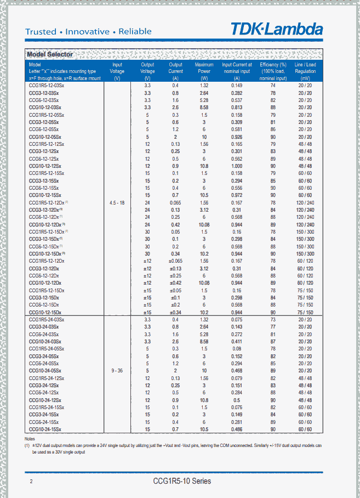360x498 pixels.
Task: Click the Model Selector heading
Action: tap(50, 54)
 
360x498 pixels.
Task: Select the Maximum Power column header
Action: tap(204, 71)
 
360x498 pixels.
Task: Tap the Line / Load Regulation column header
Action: tap(305, 71)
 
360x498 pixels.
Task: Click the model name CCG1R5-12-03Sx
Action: tap(47, 86)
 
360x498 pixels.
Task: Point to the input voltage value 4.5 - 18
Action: tap(117, 203)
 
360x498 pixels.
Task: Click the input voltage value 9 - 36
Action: tap(117, 371)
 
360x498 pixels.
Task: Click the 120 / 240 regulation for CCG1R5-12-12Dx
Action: tap(305, 202)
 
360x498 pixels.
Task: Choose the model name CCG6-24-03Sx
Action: tap(44, 334)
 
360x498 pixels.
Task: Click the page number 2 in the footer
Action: tap(31, 482)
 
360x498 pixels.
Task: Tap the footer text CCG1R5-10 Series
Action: tap(182, 481)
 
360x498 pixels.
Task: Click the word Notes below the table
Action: tap(30, 439)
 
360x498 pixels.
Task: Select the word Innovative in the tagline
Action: tap(87, 32)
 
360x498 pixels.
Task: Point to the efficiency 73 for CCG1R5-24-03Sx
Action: tap(272, 319)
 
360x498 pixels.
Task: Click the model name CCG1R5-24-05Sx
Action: tap(47, 349)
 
